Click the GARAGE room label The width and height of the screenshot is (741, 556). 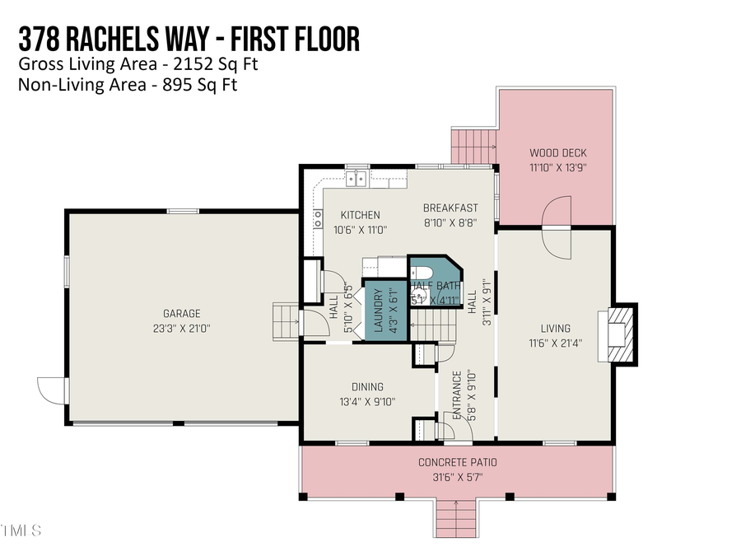[182, 314]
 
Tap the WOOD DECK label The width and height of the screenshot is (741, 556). [557, 153]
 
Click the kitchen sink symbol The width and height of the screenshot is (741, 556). [357, 177]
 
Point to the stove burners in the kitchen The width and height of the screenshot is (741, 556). [317, 218]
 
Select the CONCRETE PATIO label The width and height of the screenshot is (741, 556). [457, 462]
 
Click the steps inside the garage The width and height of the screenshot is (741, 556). [285, 320]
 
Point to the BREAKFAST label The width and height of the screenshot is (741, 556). [450, 208]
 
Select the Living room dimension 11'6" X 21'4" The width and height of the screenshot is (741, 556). [555, 343]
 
